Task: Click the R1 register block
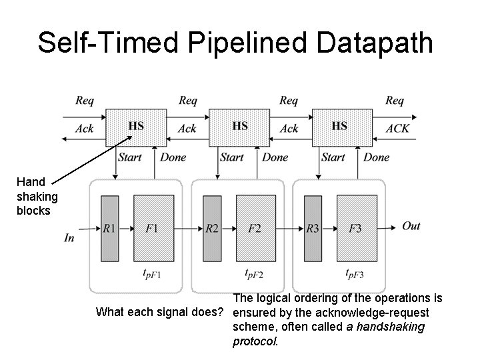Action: pyautogui.click(x=109, y=228)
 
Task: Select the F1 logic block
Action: pyautogui.click(x=153, y=228)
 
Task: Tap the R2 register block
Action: pyautogui.click(x=212, y=228)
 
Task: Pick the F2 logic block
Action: pyautogui.click(x=255, y=228)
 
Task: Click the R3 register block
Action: pyautogui.click(x=313, y=228)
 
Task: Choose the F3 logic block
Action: pyautogui.click(x=356, y=228)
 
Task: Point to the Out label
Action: pyautogui.click(x=411, y=226)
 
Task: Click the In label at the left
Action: pyautogui.click(x=69, y=237)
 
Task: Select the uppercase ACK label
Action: pyautogui.click(x=398, y=129)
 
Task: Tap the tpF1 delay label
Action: pyautogui.click(x=153, y=273)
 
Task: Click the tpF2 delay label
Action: pyautogui.click(x=255, y=273)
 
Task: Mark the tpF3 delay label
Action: pyautogui.click(x=356, y=273)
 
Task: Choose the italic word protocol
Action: pyautogui.click(x=253, y=341)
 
